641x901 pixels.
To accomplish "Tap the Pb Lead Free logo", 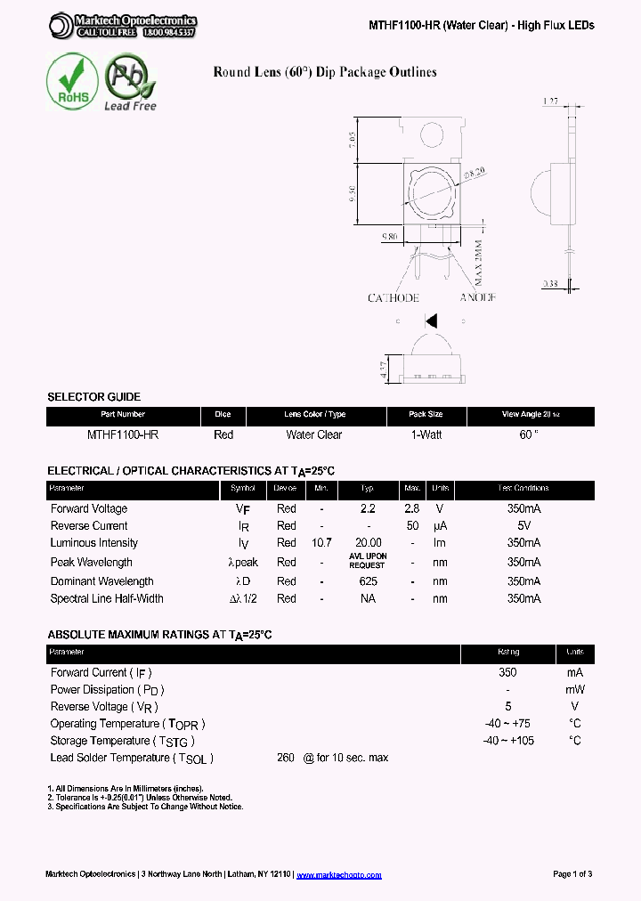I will click(130, 82).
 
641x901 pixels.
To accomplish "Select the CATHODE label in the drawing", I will click(393, 297).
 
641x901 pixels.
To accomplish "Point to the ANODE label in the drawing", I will click(477, 297).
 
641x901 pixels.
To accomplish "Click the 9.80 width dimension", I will click(390, 236).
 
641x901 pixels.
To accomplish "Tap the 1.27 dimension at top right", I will click(552, 102).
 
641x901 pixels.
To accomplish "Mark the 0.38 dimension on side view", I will click(553, 285).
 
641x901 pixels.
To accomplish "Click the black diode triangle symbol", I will click(431, 321).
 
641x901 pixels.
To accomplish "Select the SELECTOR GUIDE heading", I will click(93, 397).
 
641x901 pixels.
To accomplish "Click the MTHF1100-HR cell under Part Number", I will click(123, 434).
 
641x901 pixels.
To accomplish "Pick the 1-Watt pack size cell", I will click(426, 434).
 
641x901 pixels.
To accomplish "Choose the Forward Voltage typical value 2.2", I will click(367, 508).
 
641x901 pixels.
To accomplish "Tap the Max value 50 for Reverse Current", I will click(412, 526).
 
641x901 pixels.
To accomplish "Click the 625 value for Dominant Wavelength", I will click(368, 581).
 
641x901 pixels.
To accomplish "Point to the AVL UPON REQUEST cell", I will click(367, 561).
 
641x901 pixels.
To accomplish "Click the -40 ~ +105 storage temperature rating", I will click(508, 741).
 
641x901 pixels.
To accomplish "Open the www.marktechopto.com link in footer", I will click(338, 874).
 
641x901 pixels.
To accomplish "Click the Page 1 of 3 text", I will click(572, 874).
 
